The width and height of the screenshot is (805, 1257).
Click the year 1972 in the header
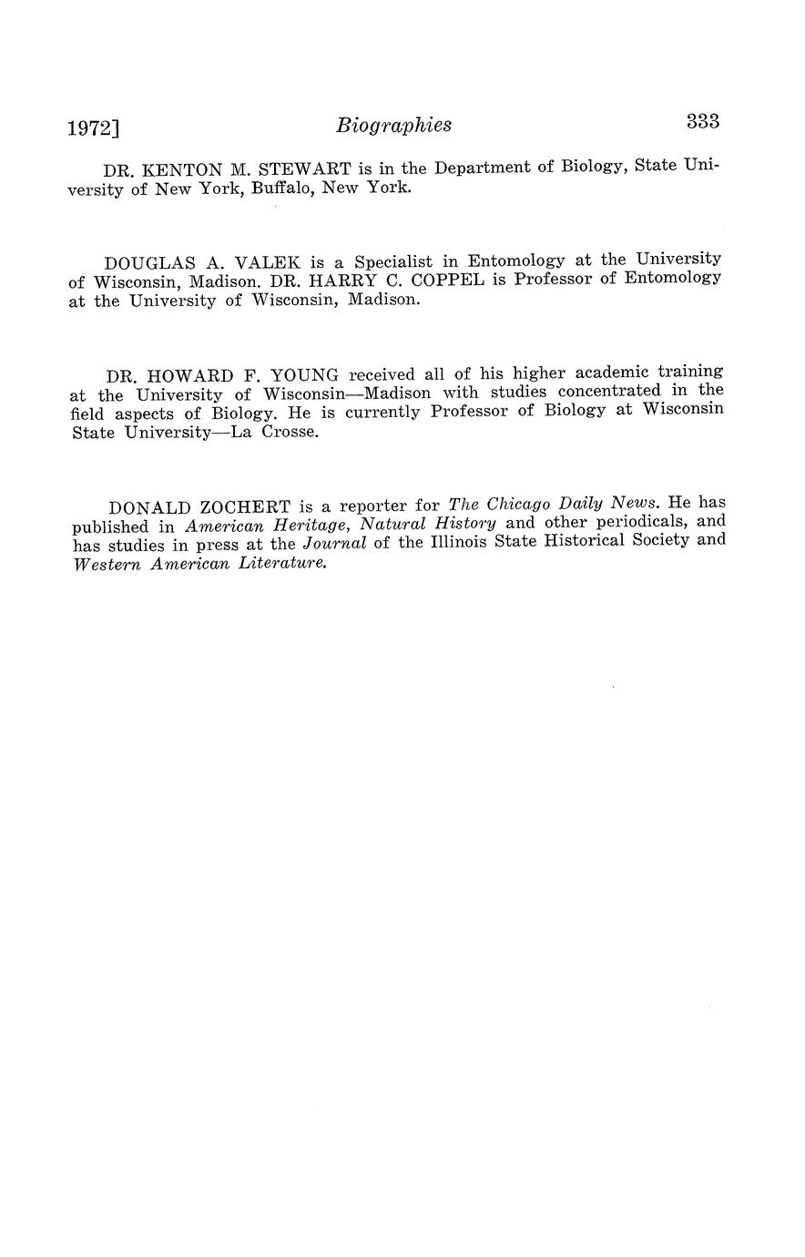91,128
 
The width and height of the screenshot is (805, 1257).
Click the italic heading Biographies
393,126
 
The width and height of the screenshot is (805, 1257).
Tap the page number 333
703,121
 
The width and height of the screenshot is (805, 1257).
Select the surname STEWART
300,169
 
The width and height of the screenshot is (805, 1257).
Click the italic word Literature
282,563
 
